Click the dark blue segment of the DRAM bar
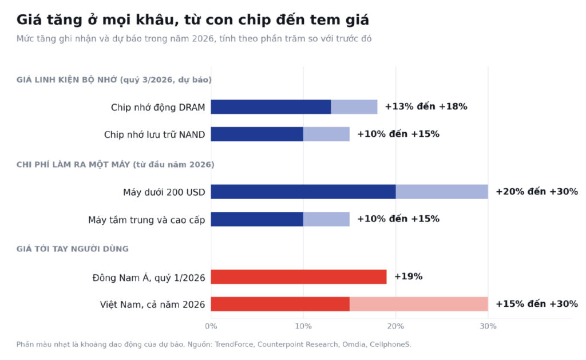[271, 107]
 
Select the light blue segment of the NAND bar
[326, 134]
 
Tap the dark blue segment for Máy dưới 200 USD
[303, 192]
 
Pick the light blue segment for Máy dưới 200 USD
[442, 192]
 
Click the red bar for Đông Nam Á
[299, 276]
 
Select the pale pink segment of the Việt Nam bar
[419, 304]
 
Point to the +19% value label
[409, 276]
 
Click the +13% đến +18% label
[426, 106]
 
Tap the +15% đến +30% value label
[537, 304]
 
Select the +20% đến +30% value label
[537, 191]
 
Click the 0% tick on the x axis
[211, 326]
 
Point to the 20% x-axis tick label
[395, 326]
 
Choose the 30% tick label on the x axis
[488, 326]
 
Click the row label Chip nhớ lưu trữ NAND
[155, 134]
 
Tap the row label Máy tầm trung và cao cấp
[146, 220]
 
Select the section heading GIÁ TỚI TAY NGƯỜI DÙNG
[73, 249]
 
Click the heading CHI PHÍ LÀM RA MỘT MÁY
[73, 164]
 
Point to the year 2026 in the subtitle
[203, 38]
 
